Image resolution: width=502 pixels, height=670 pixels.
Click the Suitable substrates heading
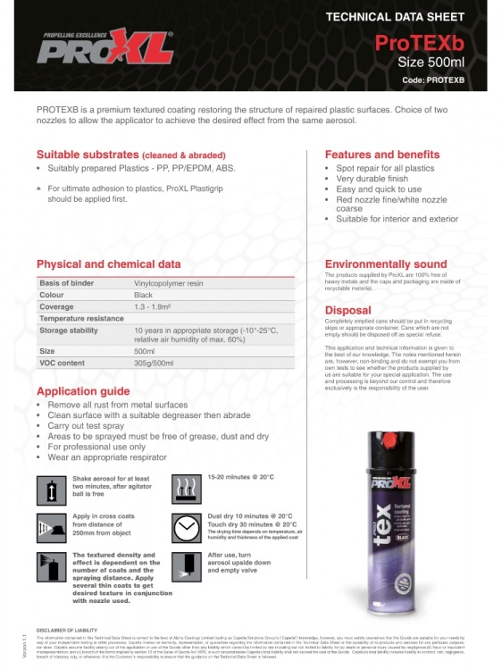[x=131, y=155]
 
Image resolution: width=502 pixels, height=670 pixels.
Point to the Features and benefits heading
[x=381, y=155]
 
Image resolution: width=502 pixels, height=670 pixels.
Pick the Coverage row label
[x=56, y=306]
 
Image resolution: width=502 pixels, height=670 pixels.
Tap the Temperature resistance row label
[x=81, y=318]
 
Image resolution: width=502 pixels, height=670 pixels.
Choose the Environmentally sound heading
[x=385, y=265]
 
